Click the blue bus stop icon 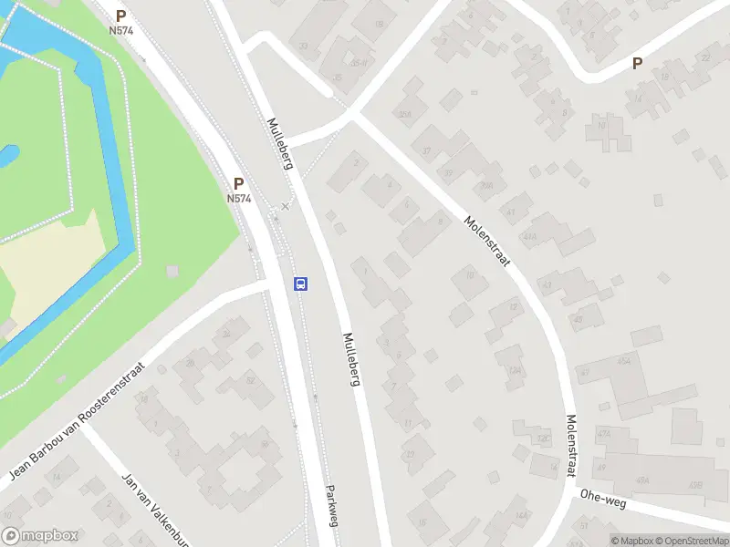pos(300,284)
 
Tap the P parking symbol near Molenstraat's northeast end pos(638,64)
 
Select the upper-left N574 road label pos(120,30)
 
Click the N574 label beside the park pos(238,198)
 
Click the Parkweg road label pos(329,502)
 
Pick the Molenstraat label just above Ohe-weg pos(571,446)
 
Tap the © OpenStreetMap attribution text pos(684,541)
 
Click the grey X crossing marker pos(286,206)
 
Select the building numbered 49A pos(642,480)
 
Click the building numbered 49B pos(696,484)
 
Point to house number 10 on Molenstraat pos(470,273)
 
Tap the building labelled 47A pos(603,433)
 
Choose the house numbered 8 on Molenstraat pos(441,221)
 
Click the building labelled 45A pos(625,361)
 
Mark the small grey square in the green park pos(172,271)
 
